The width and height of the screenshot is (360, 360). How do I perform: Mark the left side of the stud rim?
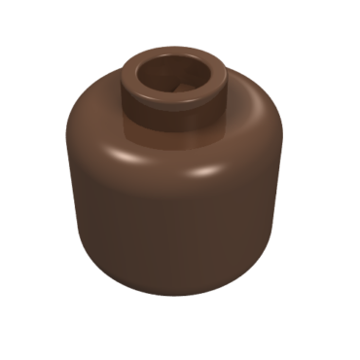point(133,79)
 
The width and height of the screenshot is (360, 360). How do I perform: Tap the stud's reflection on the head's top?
point(175,136)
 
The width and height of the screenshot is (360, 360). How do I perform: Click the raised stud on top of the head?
point(176,88)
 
